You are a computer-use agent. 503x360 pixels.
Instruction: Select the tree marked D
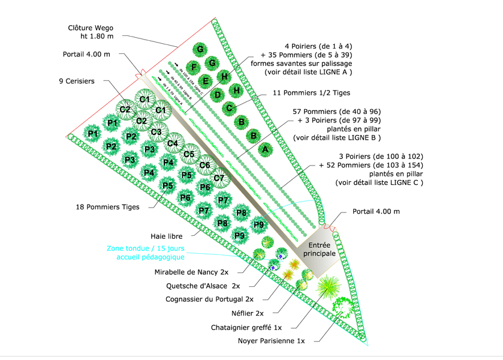click(218, 94)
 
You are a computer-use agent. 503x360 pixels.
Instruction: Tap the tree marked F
click(192, 67)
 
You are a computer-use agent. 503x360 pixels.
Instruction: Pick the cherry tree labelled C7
click(219, 178)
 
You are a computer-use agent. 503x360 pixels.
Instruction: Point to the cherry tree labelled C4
click(173, 143)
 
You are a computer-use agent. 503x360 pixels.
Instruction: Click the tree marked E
click(206, 81)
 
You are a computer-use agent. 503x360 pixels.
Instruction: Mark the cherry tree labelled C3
click(156, 132)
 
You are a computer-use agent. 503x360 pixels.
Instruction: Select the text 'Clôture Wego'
click(91, 28)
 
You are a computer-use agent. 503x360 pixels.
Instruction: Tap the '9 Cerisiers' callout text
click(77, 81)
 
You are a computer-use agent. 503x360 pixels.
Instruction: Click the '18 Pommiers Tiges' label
click(108, 207)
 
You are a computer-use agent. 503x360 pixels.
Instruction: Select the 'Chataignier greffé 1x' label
click(246, 327)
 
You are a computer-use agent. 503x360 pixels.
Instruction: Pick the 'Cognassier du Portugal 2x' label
click(209, 299)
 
